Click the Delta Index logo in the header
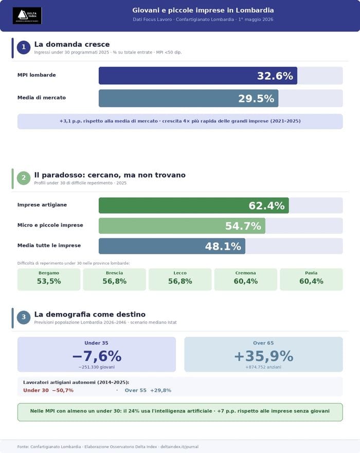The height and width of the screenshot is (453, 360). (27, 15)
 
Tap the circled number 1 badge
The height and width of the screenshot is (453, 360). (24, 48)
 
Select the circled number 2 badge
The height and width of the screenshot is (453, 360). (24, 178)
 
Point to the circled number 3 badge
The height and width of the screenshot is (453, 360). (24, 317)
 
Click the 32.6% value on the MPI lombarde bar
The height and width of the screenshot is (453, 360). (275, 76)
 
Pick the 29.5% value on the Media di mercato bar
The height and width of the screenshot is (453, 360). (256, 99)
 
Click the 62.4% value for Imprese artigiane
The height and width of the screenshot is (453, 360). (266, 206)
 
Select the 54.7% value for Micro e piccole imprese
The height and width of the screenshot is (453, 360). (243, 226)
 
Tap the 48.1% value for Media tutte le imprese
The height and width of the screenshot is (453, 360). (223, 247)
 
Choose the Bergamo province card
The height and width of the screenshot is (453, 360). (49, 279)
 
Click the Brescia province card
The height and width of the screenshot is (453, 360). (114, 279)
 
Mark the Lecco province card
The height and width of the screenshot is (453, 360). (180, 279)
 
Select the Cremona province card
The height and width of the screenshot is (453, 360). (245, 279)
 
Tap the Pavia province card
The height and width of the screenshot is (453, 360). (311, 279)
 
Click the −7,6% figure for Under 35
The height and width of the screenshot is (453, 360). (97, 356)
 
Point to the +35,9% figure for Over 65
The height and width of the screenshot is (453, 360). (263, 356)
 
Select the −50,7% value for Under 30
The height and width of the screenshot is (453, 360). (63, 390)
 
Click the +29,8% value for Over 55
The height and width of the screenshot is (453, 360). (160, 390)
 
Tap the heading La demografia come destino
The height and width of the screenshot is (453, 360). (89, 314)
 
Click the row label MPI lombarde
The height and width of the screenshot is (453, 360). (37, 75)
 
